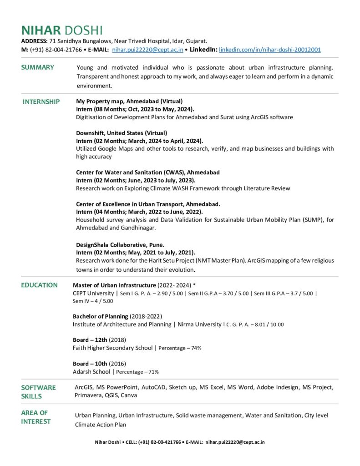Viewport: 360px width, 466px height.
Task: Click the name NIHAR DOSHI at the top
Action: (x=62, y=30)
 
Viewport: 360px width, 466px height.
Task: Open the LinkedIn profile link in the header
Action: (x=270, y=50)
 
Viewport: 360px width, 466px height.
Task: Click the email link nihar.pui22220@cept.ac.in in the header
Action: (x=147, y=50)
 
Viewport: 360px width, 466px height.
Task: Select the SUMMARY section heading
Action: (x=38, y=67)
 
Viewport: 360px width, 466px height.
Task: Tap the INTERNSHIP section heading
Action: (x=41, y=101)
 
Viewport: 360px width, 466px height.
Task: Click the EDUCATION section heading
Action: (x=40, y=285)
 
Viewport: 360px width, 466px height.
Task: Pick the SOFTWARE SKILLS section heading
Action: (x=38, y=391)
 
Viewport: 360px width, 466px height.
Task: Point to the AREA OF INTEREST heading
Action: (x=36, y=417)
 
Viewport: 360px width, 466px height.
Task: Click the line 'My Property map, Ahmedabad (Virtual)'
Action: (x=129, y=101)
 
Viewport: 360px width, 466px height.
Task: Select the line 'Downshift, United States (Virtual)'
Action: (x=122, y=133)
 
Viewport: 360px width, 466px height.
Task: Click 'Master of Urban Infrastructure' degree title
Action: (x=114, y=285)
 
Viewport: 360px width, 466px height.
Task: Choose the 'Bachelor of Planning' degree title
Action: (x=100, y=316)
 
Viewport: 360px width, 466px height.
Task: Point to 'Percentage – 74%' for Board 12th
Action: (x=180, y=348)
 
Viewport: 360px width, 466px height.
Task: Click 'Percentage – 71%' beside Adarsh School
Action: (x=137, y=372)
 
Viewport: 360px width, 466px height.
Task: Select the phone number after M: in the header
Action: (x=56, y=50)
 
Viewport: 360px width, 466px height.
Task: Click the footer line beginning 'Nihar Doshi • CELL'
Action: (x=180, y=442)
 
